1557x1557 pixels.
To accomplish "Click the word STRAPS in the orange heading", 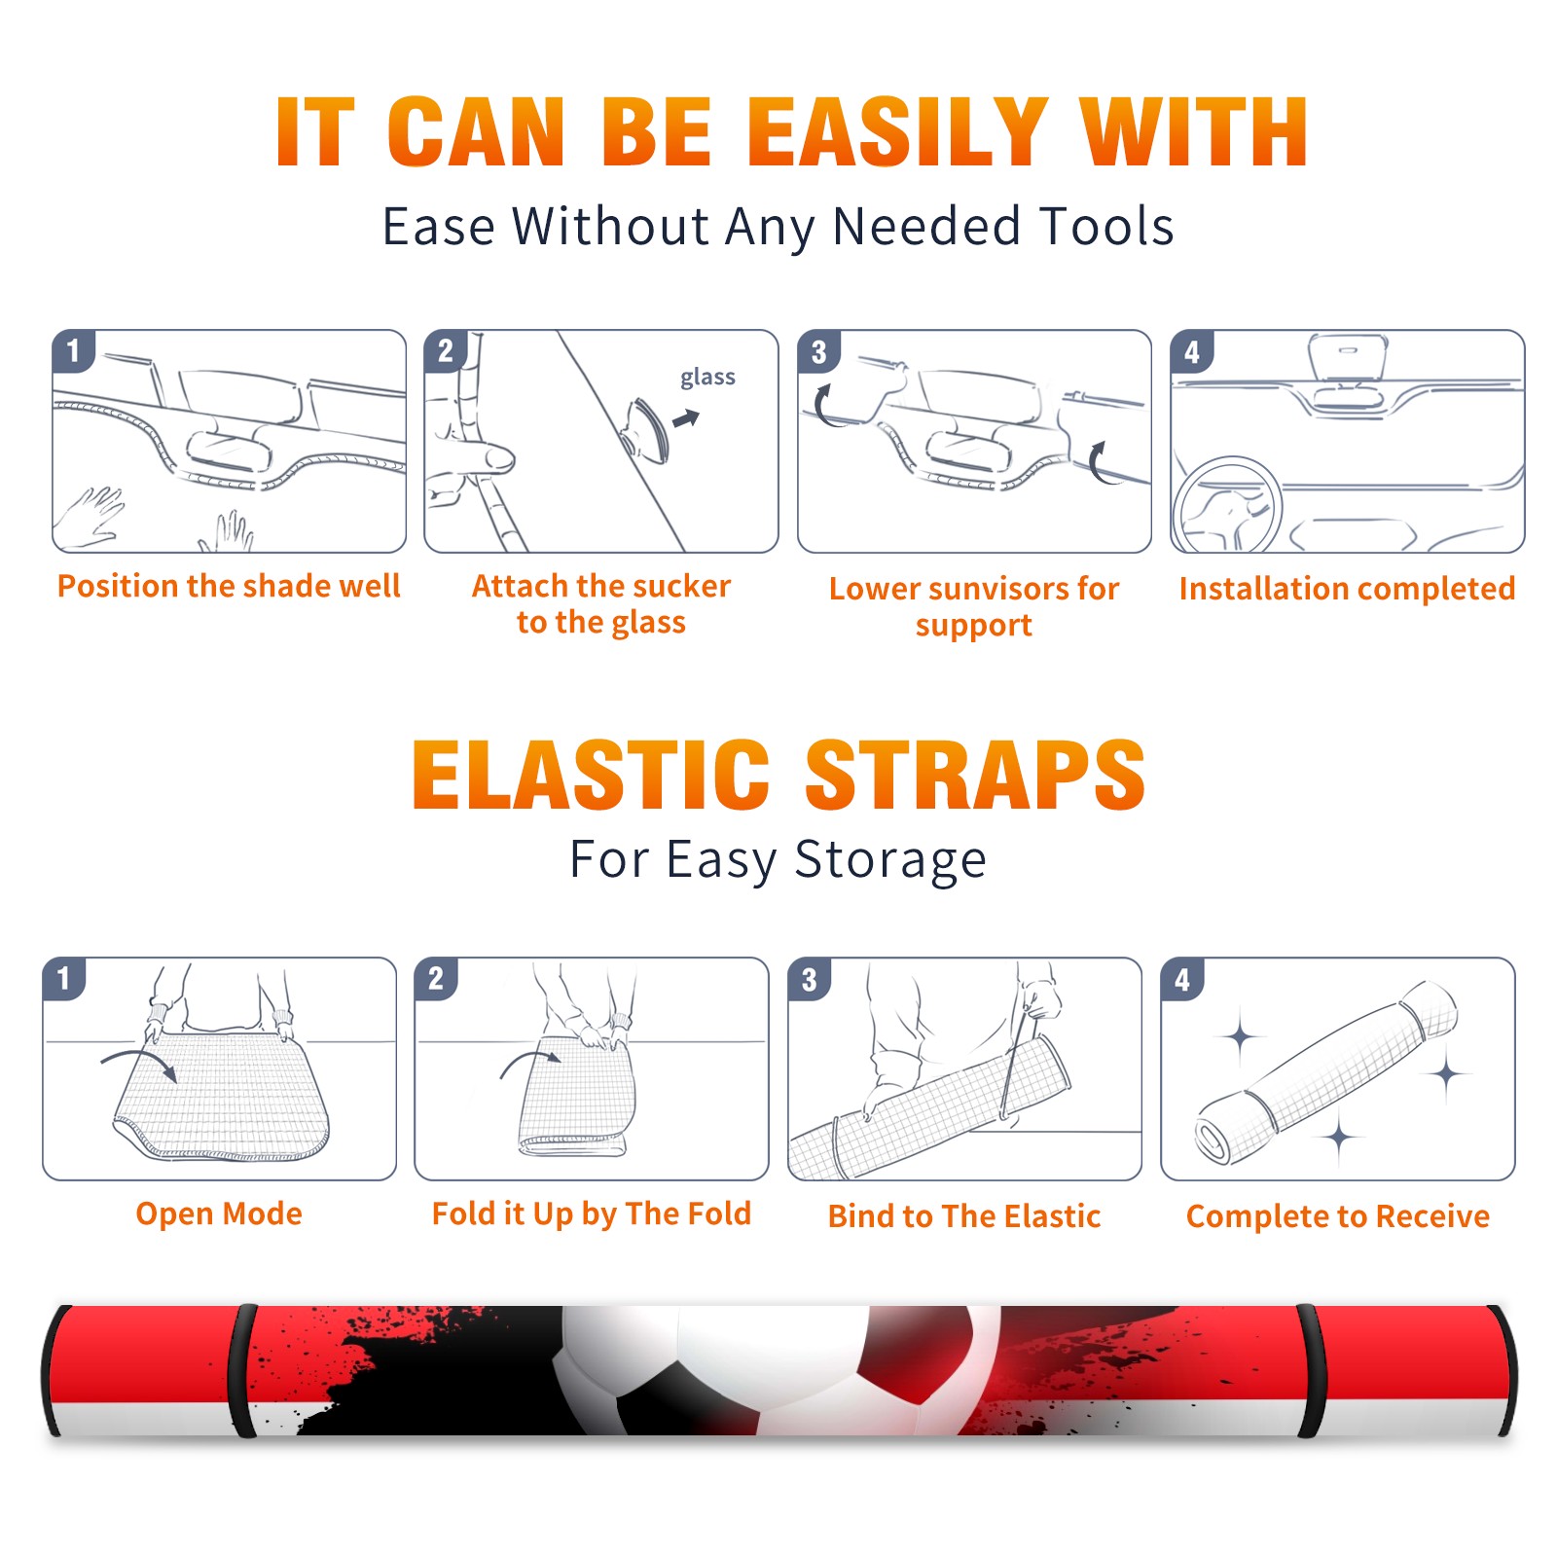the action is coord(975,775).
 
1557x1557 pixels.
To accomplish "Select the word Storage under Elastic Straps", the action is coord(890,860).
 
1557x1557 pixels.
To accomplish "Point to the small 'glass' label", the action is coord(707,378).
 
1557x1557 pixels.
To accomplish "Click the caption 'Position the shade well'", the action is coord(229,586).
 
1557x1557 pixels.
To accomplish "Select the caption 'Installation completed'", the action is coord(1347,588).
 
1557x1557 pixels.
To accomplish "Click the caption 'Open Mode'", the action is coord(219,1213).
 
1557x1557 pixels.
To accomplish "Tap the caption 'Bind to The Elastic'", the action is coord(964,1215).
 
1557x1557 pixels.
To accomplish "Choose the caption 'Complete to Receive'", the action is coord(1338,1216).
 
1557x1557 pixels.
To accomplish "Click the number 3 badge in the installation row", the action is coord(818,351).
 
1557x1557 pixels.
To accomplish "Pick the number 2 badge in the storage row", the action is coord(436,978).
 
